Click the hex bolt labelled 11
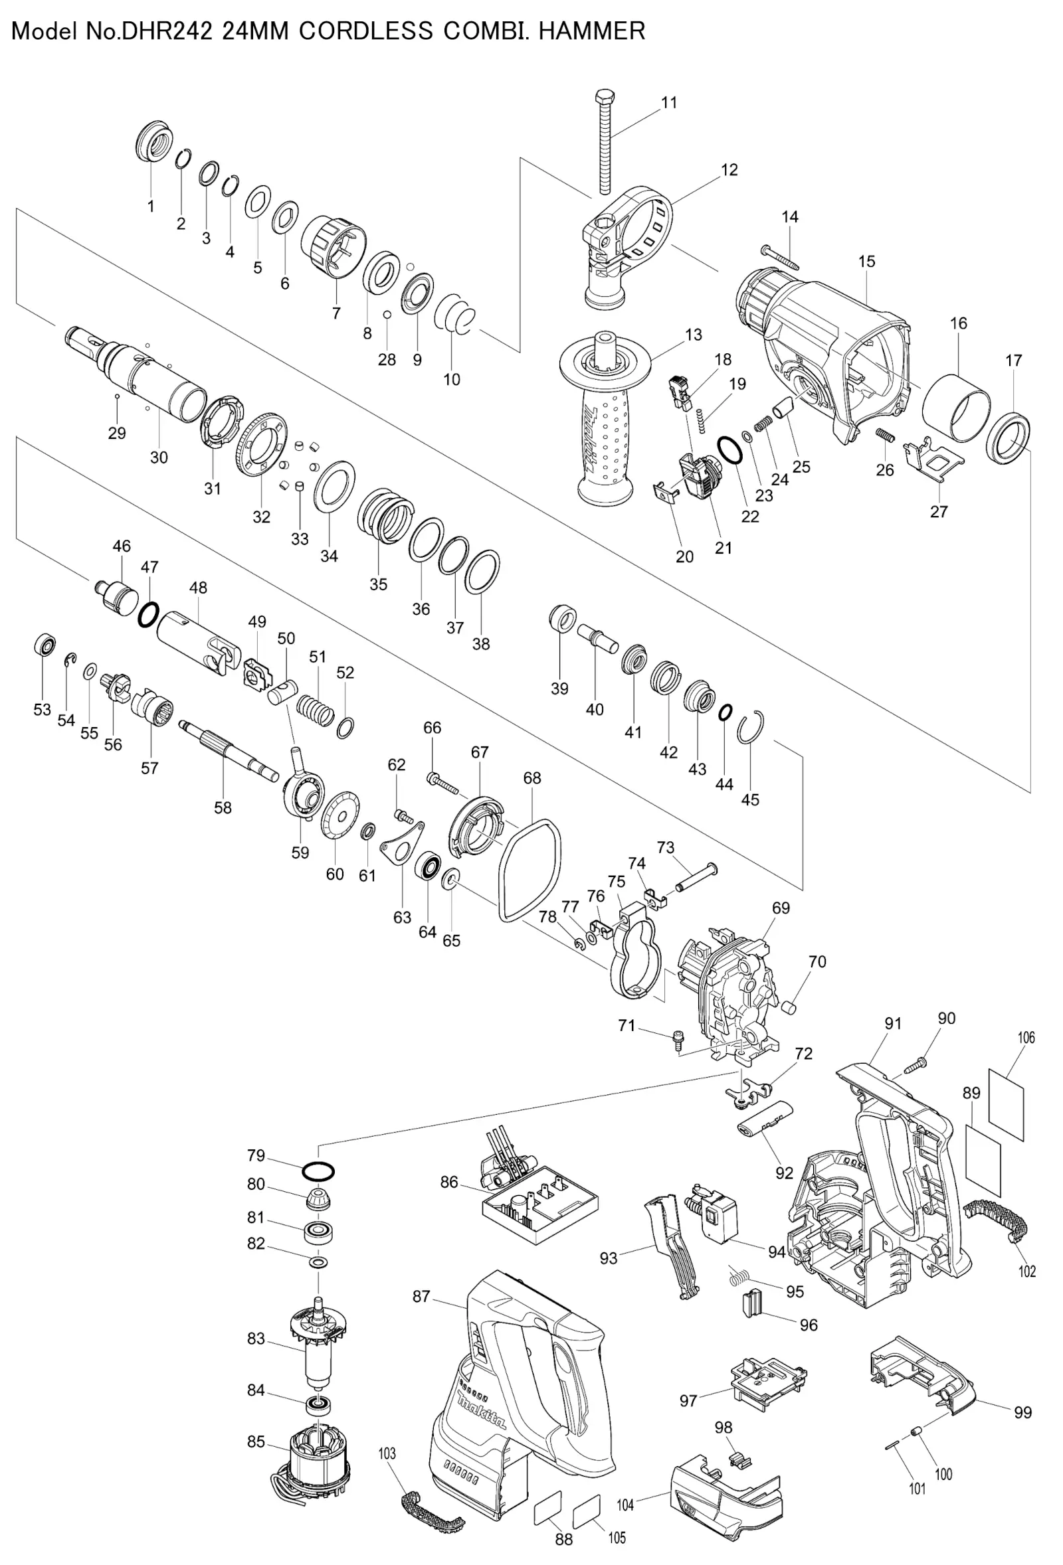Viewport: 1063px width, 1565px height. [603, 141]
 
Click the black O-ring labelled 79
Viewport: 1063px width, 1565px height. [319, 1173]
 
